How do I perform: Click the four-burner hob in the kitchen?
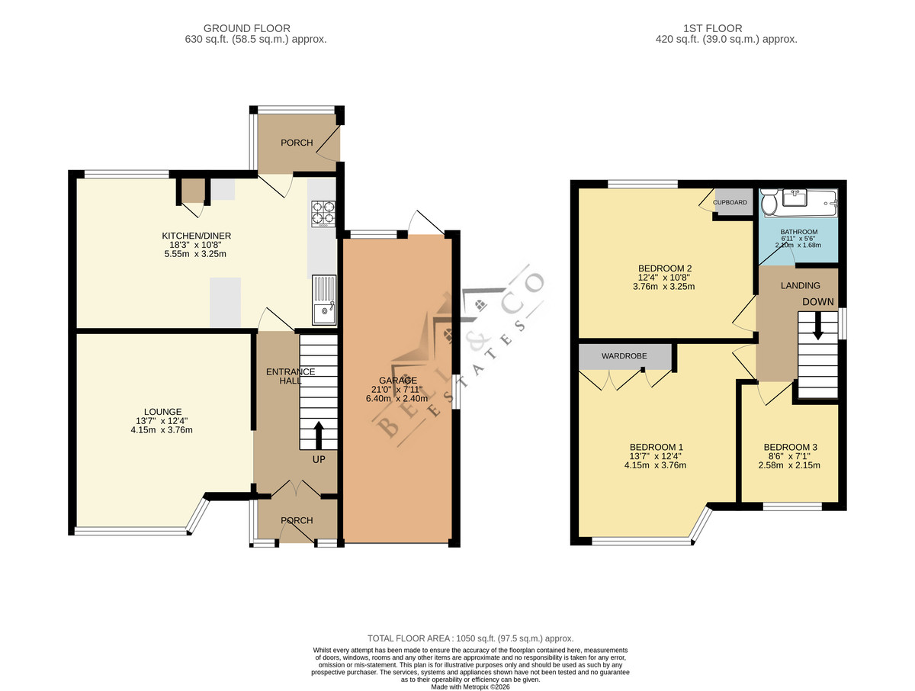click(x=323, y=214)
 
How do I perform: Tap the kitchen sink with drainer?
click(x=323, y=299)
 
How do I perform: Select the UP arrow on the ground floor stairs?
click(x=319, y=435)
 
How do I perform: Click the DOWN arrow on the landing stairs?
click(x=817, y=326)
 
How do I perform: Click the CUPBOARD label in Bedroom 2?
click(x=730, y=202)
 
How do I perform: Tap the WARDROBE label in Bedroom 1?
click(x=624, y=356)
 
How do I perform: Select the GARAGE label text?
click(x=398, y=380)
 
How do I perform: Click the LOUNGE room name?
click(x=163, y=412)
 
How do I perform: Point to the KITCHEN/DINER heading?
click(x=196, y=236)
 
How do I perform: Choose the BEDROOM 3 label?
click(x=791, y=447)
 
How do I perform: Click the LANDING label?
click(x=801, y=285)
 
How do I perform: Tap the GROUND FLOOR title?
click(x=247, y=28)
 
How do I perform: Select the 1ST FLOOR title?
click(x=713, y=28)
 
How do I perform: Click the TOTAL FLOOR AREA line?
click(x=470, y=638)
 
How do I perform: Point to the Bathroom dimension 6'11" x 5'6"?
click(x=798, y=239)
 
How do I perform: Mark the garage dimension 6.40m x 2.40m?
click(x=396, y=398)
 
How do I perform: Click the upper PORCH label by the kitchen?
click(x=297, y=143)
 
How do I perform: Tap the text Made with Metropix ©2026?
click(x=470, y=687)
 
